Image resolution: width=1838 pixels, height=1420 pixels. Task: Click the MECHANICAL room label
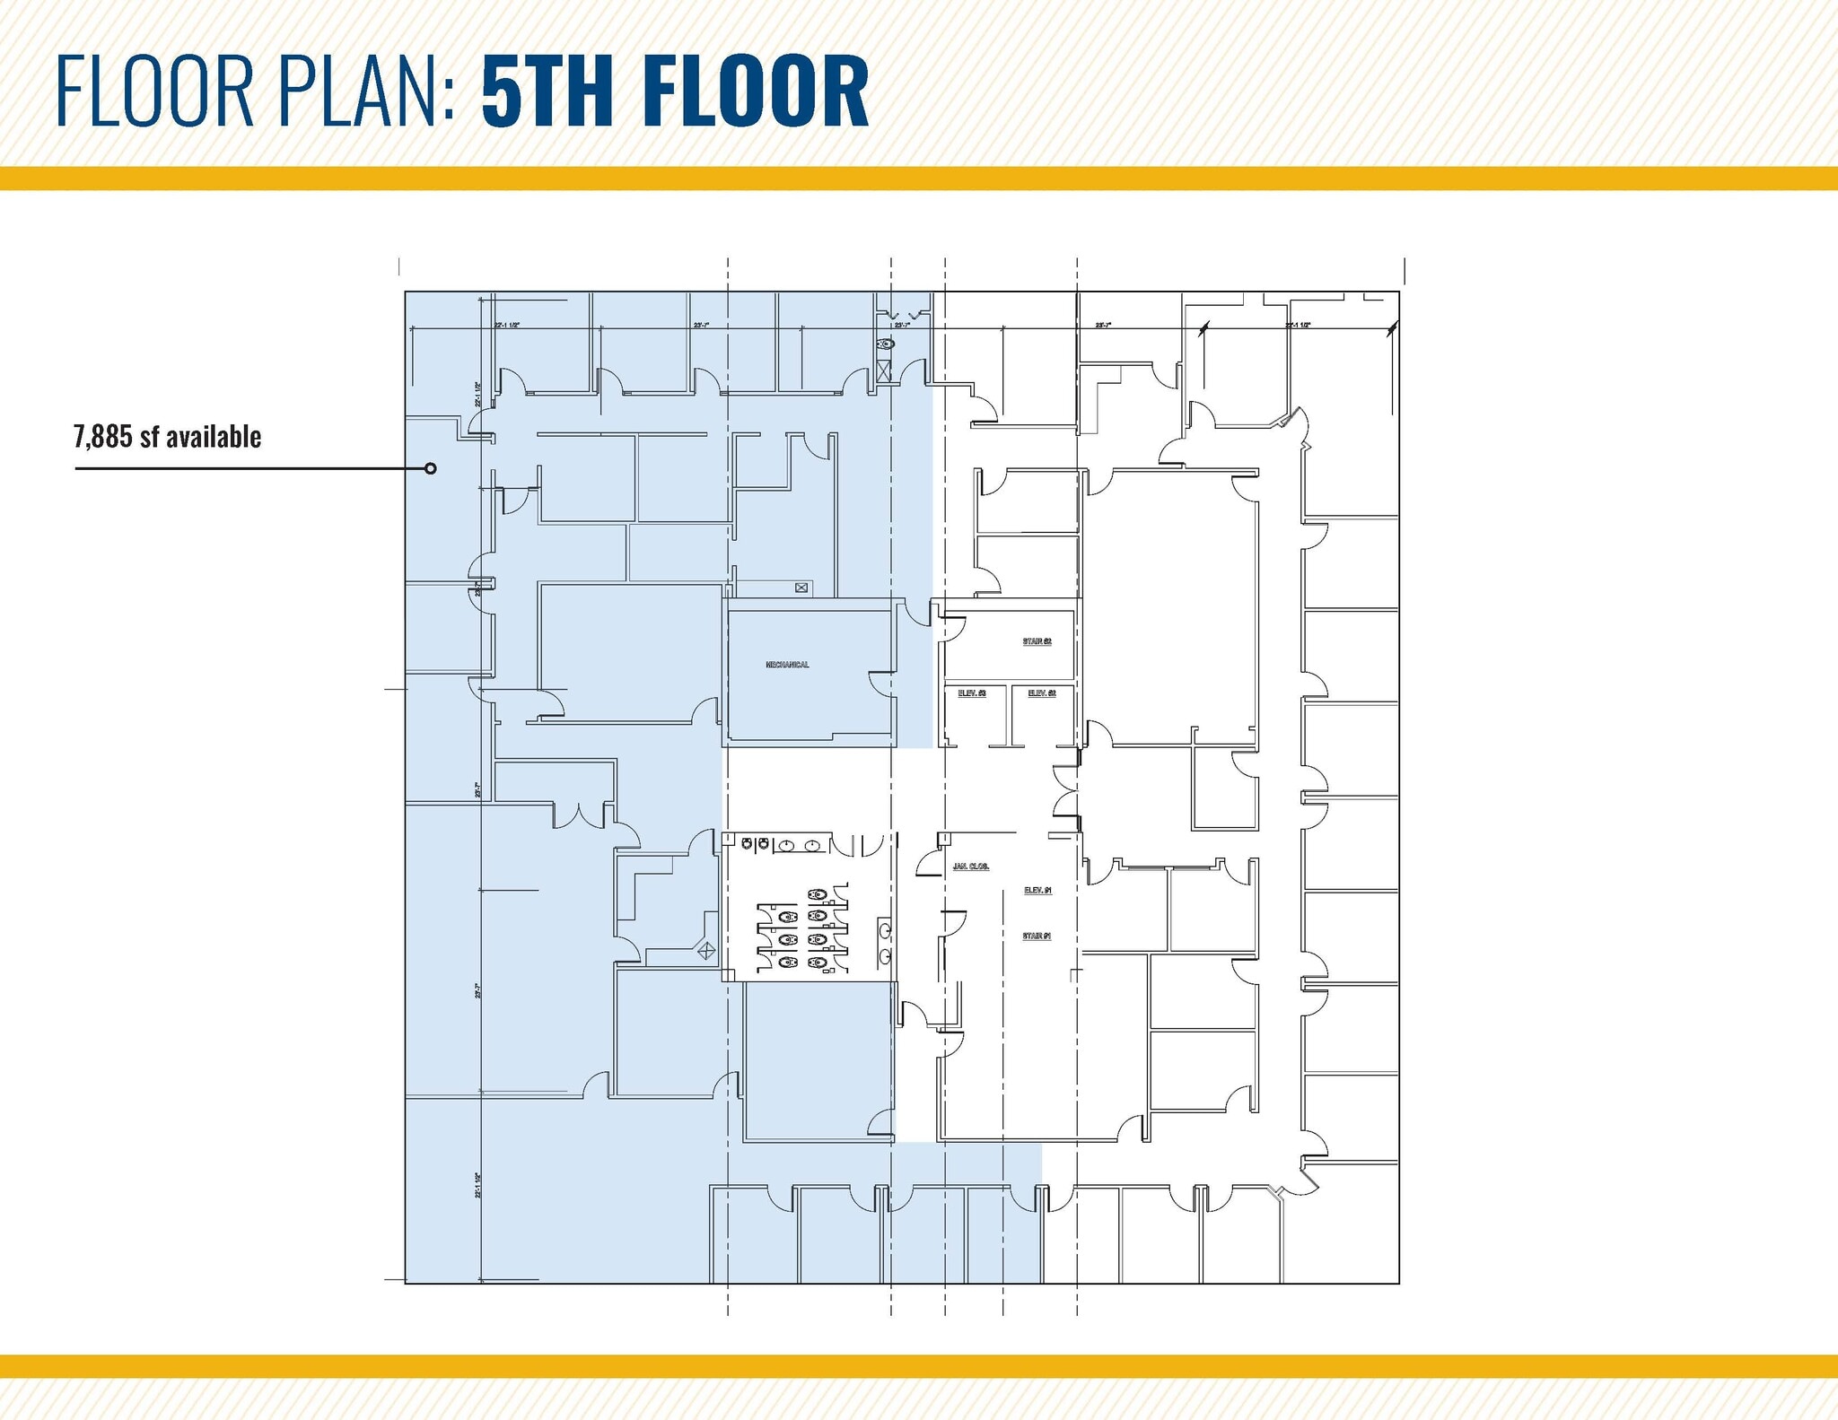[787, 665]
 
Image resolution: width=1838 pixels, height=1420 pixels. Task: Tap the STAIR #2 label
[1037, 641]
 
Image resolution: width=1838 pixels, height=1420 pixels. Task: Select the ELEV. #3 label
[972, 693]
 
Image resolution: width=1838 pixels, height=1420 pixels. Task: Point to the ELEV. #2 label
[1041, 693]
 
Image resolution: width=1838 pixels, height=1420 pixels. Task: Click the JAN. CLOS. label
[970, 867]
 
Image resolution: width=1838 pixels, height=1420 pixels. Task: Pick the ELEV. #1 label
[1037, 891]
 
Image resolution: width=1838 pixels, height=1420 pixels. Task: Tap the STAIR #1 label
[1037, 937]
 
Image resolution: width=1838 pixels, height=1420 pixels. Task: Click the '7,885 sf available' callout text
[168, 438]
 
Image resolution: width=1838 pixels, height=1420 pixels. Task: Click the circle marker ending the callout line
[431, 468]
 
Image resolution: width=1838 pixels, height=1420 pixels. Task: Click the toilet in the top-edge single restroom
[885, 344]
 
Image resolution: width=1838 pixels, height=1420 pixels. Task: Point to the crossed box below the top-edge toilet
[884, 370]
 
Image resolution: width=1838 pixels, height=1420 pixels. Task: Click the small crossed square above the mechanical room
[801, 588]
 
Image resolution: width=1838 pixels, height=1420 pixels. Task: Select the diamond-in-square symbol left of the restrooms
[706, 950]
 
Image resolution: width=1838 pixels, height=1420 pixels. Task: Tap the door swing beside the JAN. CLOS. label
[926, 863]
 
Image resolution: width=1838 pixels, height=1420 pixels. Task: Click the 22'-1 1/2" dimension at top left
[507, 325]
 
